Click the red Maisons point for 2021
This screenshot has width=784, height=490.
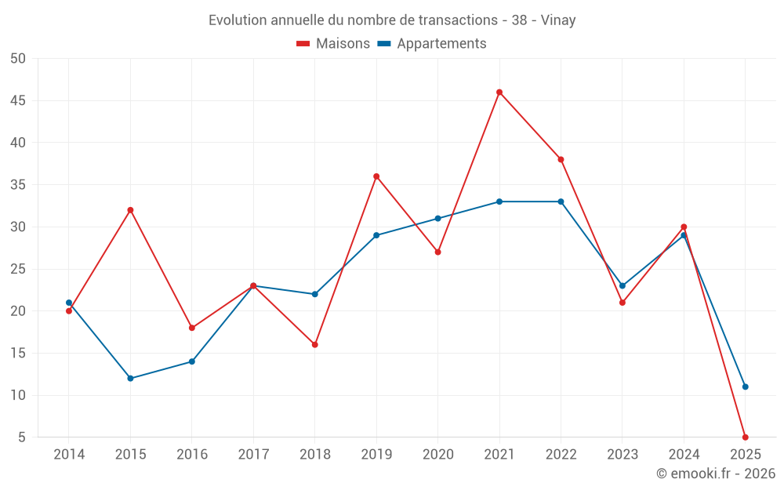tap(499, 93)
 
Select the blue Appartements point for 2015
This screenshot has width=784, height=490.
tap(130, 379)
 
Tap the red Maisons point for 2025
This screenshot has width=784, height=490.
tap(745, 437)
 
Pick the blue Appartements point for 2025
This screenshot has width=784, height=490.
tap(745, 387)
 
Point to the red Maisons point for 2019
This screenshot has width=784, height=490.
tap(376, 176)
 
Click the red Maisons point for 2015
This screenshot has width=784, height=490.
tap(130, 210)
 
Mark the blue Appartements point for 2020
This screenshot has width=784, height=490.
tap(437, 219)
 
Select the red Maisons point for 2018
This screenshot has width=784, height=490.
tap(314, 345)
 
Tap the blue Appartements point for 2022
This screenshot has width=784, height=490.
tap(561, 201)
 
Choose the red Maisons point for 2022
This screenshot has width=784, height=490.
tap(561, 160)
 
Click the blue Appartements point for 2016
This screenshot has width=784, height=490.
tap(191, 361)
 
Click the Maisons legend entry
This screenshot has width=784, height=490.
tap(333, 44)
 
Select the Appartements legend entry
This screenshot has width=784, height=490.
tap(432, 44)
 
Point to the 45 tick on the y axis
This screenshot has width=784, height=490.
tap(17, 101)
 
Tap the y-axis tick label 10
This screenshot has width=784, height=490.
tap(17, 395)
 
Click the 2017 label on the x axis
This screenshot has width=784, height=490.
tap(253, 455)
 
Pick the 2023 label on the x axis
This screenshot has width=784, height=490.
tap(622, 455)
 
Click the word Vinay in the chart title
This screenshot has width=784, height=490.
tap(558, 20)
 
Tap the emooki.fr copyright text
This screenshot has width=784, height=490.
tap(716, 474)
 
